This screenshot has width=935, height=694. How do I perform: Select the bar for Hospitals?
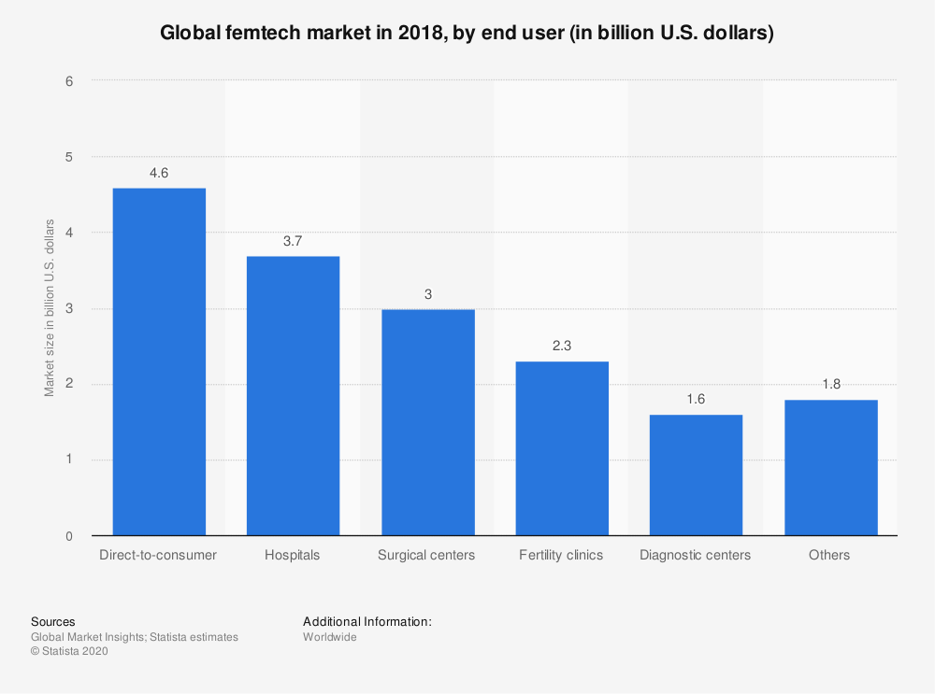(293, 396)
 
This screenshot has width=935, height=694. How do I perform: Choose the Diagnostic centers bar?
(696, 475)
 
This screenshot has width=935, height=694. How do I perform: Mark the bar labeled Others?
(830, 468)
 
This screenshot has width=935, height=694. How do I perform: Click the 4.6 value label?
(159, 173)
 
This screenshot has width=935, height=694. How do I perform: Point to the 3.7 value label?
(293, 241)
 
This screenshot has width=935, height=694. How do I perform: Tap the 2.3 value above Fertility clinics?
(562, 346)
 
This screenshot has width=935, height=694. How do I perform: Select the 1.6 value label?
(696, 399)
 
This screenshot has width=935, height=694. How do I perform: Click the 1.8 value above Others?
(830, 384)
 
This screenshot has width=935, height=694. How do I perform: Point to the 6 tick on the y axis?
(69, 80)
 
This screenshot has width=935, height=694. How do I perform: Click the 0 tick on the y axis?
(69, 536)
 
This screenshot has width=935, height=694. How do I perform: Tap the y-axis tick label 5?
(69, 156)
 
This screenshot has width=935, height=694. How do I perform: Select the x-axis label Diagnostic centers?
(695, 555)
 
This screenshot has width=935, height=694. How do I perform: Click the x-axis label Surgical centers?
(426, 555)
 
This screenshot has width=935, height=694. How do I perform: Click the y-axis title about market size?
(50, 308)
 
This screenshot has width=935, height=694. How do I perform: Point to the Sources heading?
(53, 621)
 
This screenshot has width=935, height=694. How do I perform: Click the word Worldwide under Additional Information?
(330, 637)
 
